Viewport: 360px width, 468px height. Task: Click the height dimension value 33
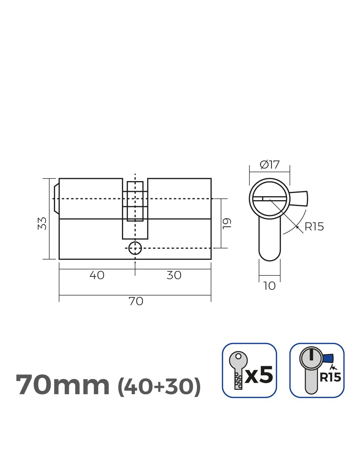tap(42, 223)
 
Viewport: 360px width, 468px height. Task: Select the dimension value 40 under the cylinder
tap(97, 275)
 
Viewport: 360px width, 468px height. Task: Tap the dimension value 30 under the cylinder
tap(174, 275)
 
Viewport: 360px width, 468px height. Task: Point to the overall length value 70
tap(136, 301)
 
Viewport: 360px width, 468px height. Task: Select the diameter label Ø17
tap(270, 165)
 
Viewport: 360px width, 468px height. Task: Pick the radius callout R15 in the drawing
tap(314, 227)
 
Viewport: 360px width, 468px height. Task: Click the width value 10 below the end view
tap(269, 286)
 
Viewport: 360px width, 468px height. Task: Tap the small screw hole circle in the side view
tap(135, 248)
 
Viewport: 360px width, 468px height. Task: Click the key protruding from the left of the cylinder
tap(56, 199)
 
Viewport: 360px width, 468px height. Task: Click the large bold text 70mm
tap(63, 385)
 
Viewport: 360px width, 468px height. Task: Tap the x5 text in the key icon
tap(259, 375)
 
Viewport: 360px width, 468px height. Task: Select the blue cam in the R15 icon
tap(328, 359)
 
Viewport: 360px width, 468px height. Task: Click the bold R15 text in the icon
tap(330, 377)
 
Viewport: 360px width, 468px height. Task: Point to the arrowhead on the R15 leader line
tap(297, 227)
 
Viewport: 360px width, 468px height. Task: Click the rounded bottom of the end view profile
tap(269, 256)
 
